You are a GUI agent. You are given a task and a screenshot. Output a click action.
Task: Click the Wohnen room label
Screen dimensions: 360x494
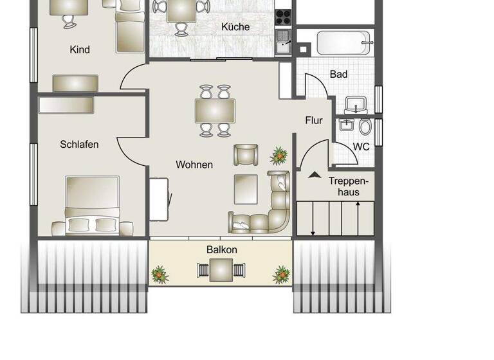(194, 165)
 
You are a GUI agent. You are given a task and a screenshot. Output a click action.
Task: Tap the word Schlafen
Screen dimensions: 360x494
(79, 145)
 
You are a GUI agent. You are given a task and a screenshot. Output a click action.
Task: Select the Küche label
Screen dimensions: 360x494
(235, 27)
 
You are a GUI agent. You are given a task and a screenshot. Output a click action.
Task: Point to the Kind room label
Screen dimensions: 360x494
(80, 50)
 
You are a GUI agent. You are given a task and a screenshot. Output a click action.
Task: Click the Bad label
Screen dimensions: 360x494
(338, 75)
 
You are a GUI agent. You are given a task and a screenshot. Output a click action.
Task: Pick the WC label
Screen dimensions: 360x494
(361, 147)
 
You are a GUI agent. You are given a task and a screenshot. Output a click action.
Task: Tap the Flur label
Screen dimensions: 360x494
(314, 120)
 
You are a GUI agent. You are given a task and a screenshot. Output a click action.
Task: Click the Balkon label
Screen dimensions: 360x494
(222, 249)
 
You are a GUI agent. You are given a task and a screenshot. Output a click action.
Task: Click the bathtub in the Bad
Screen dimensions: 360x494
(344, 44)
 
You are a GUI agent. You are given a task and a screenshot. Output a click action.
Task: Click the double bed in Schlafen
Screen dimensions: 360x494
(92, 204)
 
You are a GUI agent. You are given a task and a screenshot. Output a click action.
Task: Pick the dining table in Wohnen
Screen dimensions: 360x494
(215, 111)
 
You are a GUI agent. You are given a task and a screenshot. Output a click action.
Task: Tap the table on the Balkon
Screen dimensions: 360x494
(221, 270)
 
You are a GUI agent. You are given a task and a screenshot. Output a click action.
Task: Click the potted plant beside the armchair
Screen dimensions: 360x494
(279, 155)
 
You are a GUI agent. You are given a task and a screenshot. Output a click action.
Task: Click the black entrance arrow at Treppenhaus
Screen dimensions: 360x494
(315, 174)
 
